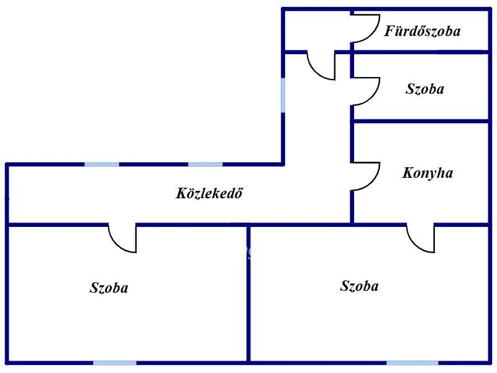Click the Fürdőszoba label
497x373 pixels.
(x=422, y=31)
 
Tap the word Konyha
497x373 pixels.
(x=427, y=173)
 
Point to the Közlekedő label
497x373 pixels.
(x=209, y=193)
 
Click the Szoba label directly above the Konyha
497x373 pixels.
(x=425, y=89)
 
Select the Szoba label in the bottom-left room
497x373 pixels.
(x=109, y=288)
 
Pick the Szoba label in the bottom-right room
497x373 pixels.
(x=359, y=286)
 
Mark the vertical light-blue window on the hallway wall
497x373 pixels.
(x=283, y=95)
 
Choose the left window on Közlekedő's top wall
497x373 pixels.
(x=102, y=164)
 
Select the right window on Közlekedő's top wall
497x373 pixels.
(x=206, y=164)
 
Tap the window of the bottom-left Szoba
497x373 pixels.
(x=115, y=363)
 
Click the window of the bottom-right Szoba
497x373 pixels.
(x=413, y=363)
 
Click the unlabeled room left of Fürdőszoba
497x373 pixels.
(x=317, y=30)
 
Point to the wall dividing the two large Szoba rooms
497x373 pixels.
(x=248, y=294)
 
